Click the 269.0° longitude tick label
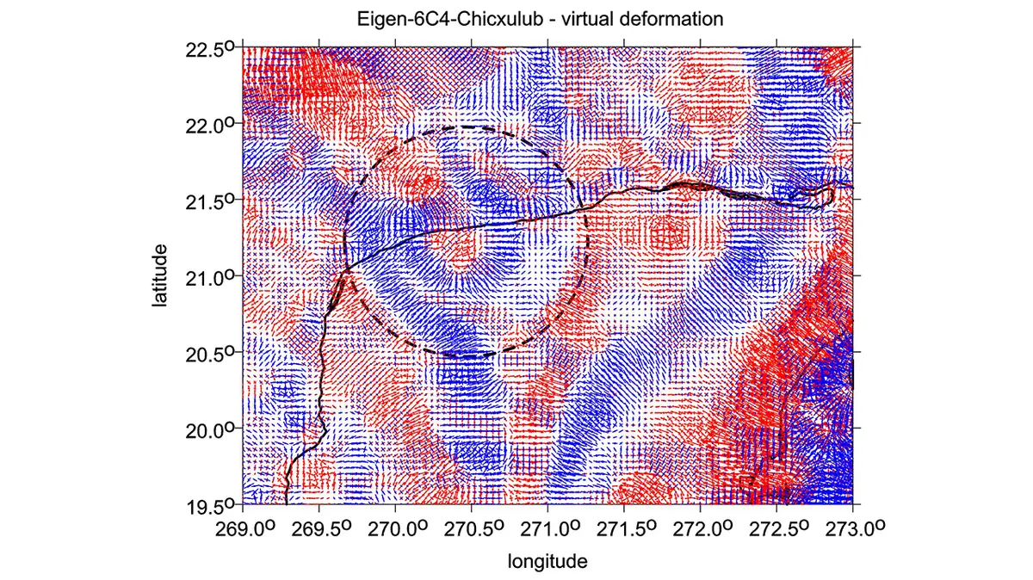pyautogui.click(x=245, y=529)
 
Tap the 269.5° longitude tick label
pyautogui.click(x=321, y=529)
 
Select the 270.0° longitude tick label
pyautogui.click(x=398, y=529)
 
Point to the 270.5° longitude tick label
pyautogui.click(x=474, y=529)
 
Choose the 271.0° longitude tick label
pyautogui.click(x=550, y=529)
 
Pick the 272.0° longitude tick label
pyautogui.click(x=702, y=529)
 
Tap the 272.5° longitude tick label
pyautogui.click(x=779, y=529)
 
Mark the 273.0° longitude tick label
pyautogui.click(x=855, y=529)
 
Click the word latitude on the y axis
pyautogui.click(x=159, y=275)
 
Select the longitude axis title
pyautogui.click(x=547, y=562)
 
